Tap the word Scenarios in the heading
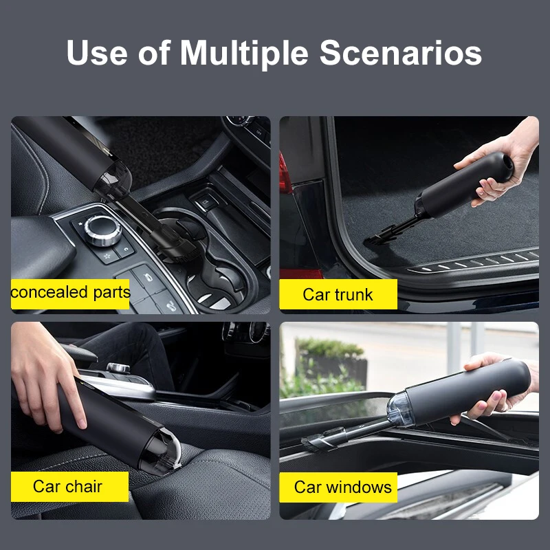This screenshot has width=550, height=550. point(401,54)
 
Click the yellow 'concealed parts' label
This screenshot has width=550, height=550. point(70,293)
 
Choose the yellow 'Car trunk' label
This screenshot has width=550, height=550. point(338,294)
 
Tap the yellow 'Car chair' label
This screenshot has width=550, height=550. point(69,487)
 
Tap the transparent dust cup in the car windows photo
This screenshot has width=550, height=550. point(398,409)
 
